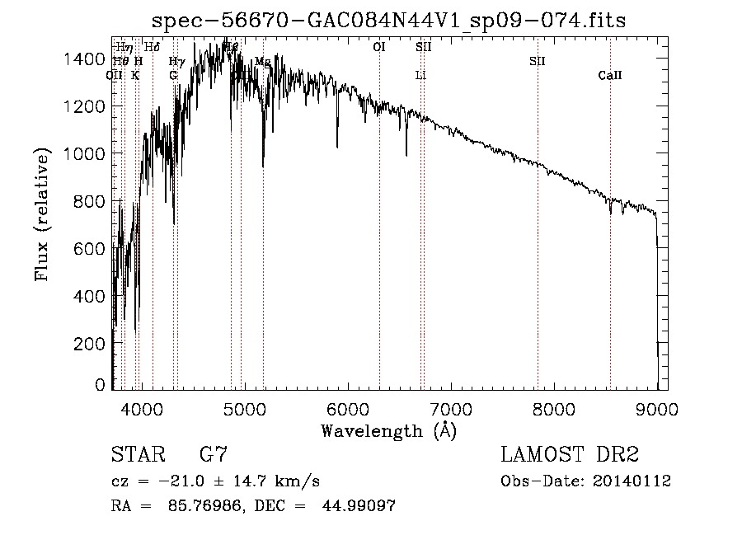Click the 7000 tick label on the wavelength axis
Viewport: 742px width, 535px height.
coord(450,408)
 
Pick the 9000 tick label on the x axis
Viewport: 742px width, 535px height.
coord(657,408)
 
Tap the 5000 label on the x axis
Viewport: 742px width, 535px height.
coord(244,408)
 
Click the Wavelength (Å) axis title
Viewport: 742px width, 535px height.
coord(388,430)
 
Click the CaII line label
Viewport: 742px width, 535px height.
coord(610,76)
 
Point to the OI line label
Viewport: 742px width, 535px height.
coord(379,48)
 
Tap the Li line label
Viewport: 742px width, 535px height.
coord(420,76)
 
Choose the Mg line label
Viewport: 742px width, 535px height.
coord(262,62)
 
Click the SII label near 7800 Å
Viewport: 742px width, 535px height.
coord(538,62)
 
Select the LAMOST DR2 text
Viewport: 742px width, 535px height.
coord(570,455)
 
